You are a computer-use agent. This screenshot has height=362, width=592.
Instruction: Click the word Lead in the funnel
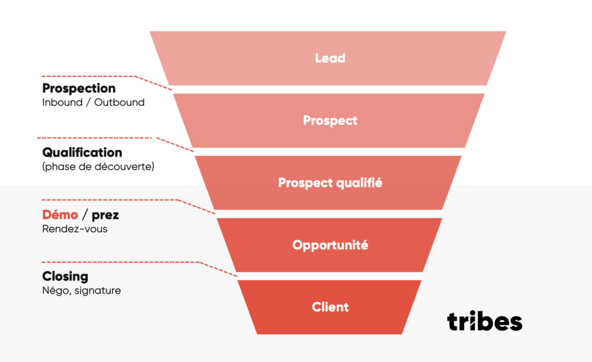330,58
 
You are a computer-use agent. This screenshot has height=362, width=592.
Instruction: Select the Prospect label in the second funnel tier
330,120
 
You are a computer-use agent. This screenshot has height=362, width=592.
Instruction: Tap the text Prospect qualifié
330,182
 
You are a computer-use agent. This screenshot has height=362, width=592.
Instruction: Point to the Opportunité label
330,245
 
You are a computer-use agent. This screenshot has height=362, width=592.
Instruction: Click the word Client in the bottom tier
330,307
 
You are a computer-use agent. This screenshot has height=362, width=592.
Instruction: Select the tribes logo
484,321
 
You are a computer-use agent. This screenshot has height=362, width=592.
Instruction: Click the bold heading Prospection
79,88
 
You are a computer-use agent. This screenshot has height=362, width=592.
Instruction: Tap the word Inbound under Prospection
62,102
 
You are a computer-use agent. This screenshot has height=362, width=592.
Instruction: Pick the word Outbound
119,102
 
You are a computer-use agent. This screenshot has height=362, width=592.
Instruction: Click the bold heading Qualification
82,152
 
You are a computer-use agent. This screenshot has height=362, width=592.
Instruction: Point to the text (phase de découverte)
98,167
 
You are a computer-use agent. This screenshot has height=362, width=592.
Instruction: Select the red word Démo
60,215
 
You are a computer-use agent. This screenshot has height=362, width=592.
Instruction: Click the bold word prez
105,215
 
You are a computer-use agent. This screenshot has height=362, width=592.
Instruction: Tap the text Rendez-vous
75,229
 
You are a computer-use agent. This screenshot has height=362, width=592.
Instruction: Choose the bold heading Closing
65,277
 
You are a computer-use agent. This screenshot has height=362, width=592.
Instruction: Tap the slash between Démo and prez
85,215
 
